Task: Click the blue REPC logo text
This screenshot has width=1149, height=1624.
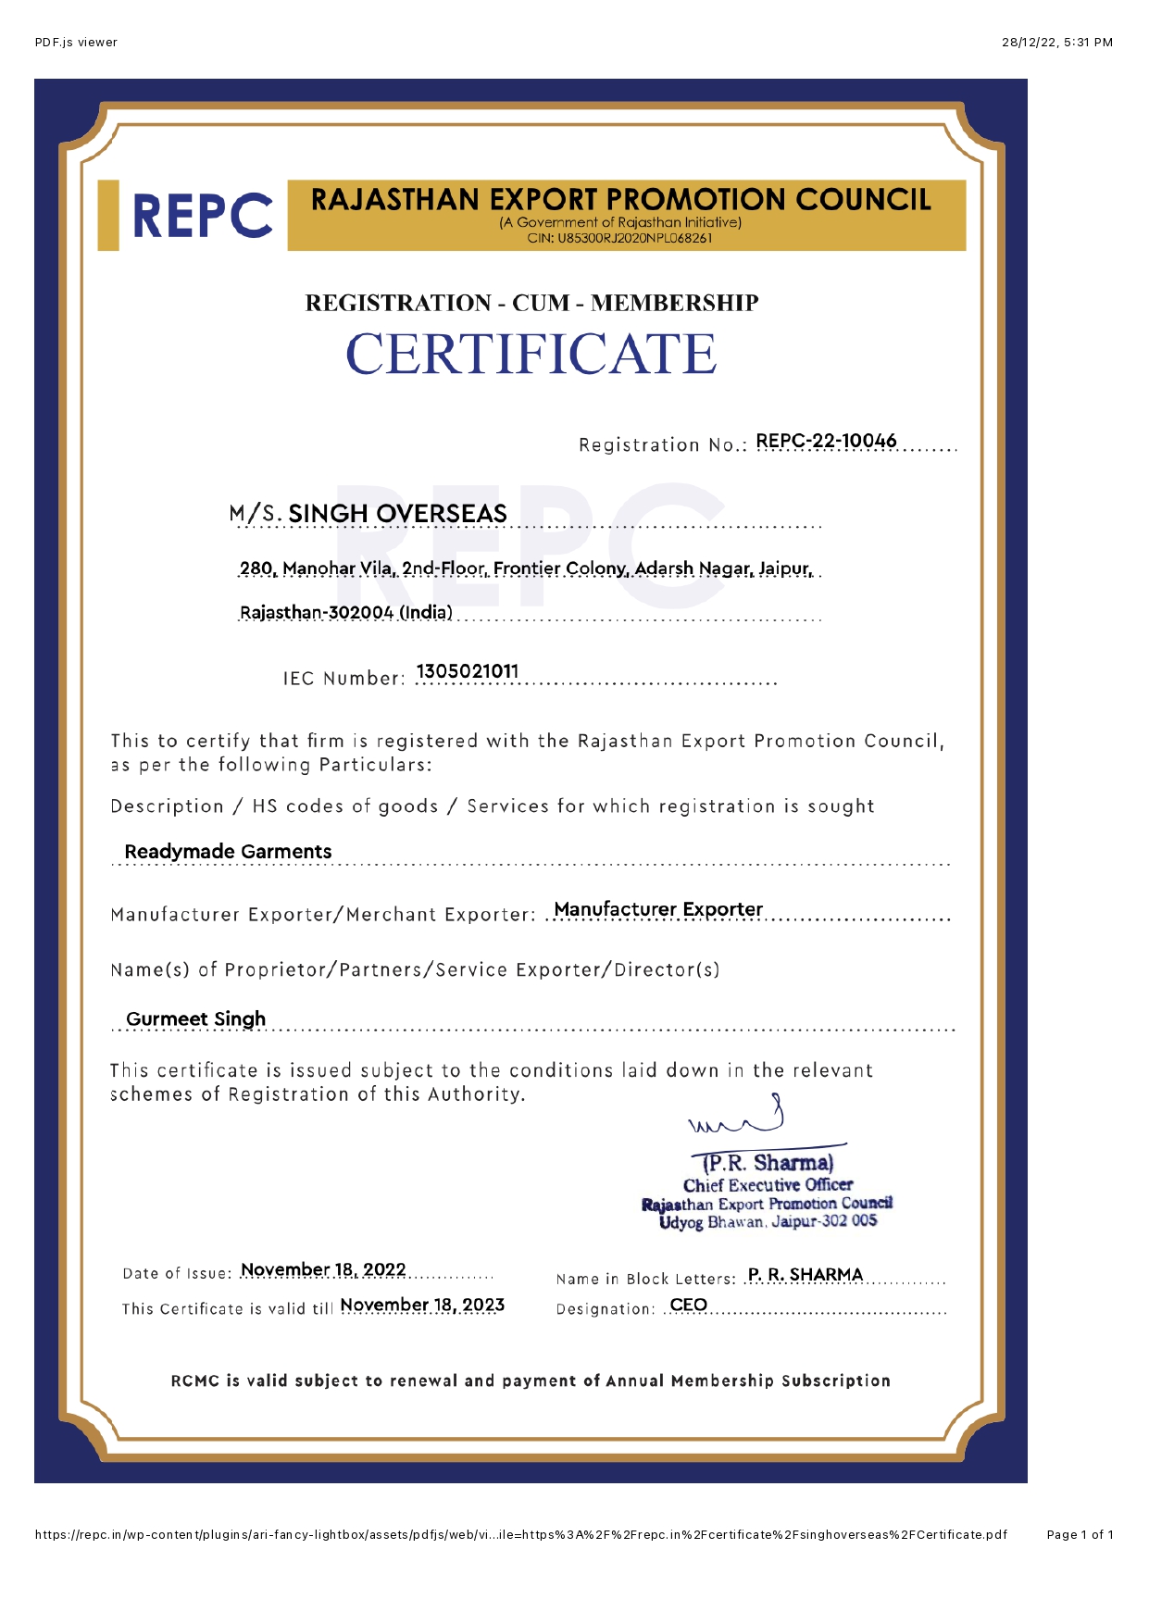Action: [202, 216]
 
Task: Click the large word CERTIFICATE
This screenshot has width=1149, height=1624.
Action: [531, 355]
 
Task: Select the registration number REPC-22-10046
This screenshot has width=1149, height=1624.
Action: [826, 441]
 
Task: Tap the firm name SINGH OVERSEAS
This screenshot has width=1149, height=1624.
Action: [397, 514]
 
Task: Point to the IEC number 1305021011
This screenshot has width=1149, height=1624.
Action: [468, 671]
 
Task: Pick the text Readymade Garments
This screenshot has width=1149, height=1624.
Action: [228, 852]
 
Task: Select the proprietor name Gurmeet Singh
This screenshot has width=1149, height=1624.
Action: [195, 1019]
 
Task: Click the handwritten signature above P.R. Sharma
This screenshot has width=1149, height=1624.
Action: [738, 1118]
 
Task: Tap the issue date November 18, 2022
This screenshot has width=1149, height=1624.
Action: [323, 1269]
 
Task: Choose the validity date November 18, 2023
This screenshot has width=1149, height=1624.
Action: [422, 1305]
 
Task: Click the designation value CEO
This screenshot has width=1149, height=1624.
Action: [688, 1305]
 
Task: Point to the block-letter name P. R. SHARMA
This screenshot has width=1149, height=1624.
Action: [805, 1275]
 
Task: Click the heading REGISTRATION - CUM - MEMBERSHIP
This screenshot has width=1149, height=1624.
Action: [531, 303]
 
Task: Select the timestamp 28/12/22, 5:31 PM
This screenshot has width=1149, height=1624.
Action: [1056, 43]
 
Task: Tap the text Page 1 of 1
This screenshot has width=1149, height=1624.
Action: [1080, 1535]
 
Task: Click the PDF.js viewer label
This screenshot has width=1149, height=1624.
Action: [76, 43]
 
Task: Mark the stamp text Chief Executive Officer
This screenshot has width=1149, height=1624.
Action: [768, 1185]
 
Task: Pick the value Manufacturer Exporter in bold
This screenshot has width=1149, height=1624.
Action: [658, 909]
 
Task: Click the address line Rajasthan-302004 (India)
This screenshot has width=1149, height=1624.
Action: [346, 613]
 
